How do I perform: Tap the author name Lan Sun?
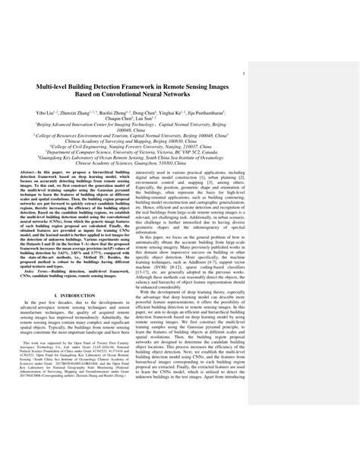click(x=196, y=119)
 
